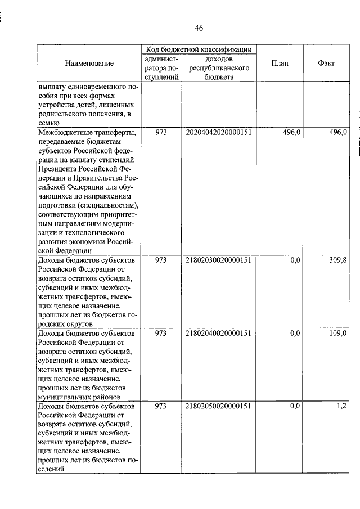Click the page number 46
click(199, 28)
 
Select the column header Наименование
click(88, 64)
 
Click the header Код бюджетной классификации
click(198, 50)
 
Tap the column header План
click(280, 64)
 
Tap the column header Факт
click(326, 64)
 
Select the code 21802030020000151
click(218, 260)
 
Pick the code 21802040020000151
click(218, 333)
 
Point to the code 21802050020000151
click(218, 406)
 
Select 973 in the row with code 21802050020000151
click(161, 406)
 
